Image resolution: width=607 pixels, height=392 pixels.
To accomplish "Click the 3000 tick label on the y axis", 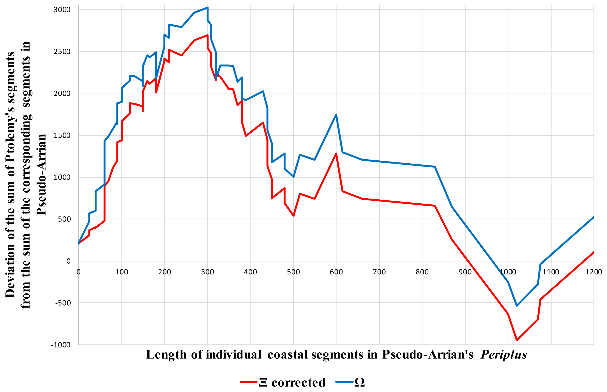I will point(62,10).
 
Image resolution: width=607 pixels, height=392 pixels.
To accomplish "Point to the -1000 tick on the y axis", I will point(61,345).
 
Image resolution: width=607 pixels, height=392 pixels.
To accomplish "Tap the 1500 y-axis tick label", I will point(62,135).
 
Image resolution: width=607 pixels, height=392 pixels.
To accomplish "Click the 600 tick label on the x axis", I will point(336,272).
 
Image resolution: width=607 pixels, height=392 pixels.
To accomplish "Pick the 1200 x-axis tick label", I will point(593,272).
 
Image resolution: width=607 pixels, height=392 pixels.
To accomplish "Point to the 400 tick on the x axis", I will point(250,272).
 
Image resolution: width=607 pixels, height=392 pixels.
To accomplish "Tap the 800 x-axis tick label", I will point(422,272).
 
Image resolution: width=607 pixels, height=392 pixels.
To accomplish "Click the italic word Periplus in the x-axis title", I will point(504,354).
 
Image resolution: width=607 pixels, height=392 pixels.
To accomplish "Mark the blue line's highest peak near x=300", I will point(208,8).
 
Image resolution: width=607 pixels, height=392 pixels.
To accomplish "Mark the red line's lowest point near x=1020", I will point(517,340).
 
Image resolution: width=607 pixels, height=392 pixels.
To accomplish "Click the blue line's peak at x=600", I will point(336,115).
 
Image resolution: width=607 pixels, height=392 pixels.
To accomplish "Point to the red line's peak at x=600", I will point(336,153).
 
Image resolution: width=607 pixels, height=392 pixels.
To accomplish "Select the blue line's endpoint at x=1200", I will point(593,217).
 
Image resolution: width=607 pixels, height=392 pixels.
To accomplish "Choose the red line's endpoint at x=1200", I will point(593,252).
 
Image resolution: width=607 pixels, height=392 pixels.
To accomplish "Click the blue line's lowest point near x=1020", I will point(517,306).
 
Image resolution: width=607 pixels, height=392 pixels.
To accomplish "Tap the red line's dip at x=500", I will point(294,216).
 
